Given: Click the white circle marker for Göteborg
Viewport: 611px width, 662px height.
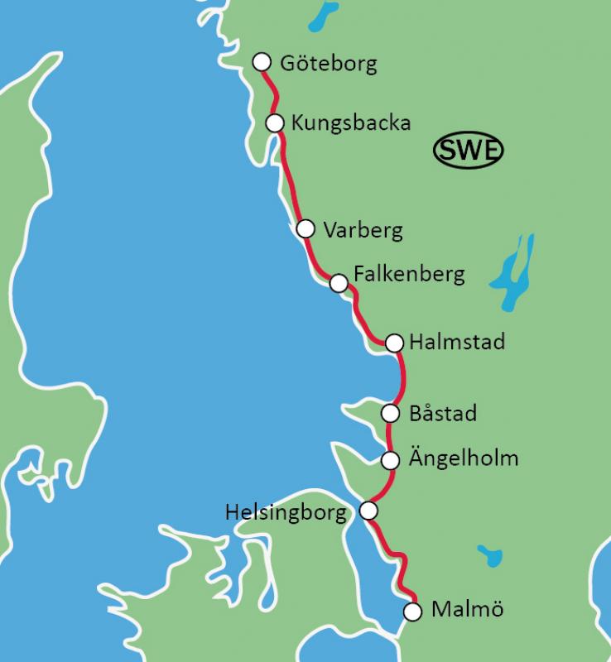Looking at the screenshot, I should tap(262, 62).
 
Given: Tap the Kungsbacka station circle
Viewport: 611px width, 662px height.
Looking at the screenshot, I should tap(275, 122).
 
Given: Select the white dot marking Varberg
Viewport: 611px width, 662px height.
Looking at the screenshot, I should tap(305, 228).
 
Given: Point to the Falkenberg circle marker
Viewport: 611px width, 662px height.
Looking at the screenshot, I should tap(338, 284).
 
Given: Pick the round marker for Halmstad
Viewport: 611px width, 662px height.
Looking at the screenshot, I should tap(394, 342).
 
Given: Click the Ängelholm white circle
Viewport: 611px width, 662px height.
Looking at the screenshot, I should tap(391, 459).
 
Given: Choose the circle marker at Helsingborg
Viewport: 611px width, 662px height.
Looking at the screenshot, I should tap(369, 511).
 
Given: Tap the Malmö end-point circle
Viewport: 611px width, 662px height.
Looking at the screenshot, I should tap(412, 612).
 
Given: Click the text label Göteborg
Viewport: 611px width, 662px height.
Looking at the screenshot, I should tap(329, 64).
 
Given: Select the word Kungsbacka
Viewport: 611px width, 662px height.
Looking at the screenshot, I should tap(351, 123).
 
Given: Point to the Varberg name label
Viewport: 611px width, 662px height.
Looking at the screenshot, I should tap(363, 230).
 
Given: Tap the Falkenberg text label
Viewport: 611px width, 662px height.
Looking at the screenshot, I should tap(409, 273).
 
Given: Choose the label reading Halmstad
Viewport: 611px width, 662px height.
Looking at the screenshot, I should tap(457, 342).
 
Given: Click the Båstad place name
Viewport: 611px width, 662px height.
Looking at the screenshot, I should tap(443, 413).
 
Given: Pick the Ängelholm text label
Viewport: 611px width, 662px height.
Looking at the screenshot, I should tap(464, 458).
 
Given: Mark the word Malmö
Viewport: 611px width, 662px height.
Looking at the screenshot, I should tap(467, 611).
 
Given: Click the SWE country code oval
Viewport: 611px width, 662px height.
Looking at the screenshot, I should tap(469, 151).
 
